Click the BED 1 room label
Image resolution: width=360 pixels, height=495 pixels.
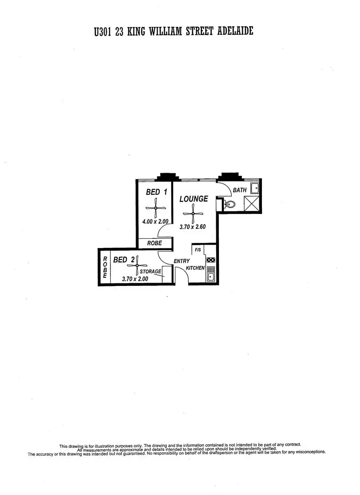[156, 192]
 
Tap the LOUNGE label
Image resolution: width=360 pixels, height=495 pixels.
[193, 199]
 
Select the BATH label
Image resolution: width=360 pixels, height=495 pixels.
[240, 190]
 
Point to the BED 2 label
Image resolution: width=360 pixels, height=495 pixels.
[124, 260]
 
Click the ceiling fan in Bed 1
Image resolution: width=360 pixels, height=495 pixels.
[156, 209]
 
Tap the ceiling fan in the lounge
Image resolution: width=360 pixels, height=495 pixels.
[193, 214]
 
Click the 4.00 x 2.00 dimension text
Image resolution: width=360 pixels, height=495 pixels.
[156, 221]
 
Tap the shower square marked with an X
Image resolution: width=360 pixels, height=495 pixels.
[251, 203]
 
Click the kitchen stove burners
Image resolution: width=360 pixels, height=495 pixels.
[211, 260]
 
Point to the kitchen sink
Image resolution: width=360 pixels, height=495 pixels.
[211, 275]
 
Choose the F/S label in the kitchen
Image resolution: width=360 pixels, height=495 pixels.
[198, 250]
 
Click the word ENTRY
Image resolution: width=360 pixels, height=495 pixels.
[182, 261]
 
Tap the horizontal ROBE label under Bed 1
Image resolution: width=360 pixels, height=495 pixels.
[154, 243]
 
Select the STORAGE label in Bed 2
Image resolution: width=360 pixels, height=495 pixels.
[150, 271]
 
